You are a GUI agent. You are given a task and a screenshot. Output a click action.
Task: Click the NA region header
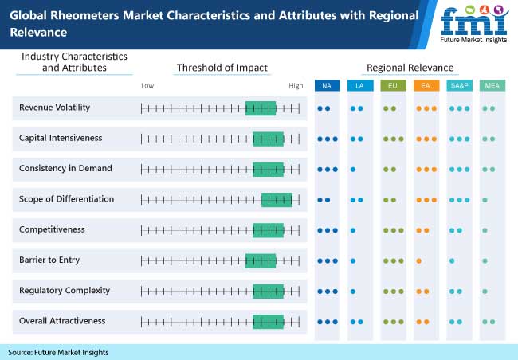point(327,85)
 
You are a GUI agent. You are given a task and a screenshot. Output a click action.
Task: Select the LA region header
point(359,85)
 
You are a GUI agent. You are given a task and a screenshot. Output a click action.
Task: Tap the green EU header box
point(392,85)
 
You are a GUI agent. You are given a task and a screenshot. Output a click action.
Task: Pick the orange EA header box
point(426,85)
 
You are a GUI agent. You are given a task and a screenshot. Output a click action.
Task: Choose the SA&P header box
point(458,85)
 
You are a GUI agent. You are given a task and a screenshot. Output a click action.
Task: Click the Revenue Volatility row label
point(54,108)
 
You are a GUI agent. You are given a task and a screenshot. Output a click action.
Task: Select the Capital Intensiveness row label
point(61,138)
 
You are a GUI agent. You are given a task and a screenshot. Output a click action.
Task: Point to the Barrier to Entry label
point(49,260)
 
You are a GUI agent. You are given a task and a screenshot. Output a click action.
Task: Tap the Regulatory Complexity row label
point(65,290)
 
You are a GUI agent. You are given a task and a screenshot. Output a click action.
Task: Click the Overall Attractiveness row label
point(62,321)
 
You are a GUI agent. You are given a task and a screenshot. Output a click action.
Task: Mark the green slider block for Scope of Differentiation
point(277,199)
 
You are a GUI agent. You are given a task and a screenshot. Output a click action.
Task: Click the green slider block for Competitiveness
point(268,229)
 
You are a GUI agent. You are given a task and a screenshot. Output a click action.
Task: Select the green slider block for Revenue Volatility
point(261,108)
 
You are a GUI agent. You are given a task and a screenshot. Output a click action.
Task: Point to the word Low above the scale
point(147,85)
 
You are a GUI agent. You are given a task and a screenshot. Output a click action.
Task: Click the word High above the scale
point(296,85)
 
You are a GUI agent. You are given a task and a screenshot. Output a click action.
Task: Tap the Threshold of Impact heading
point(222,68)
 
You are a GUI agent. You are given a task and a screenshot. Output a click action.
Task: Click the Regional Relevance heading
point(410,68)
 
